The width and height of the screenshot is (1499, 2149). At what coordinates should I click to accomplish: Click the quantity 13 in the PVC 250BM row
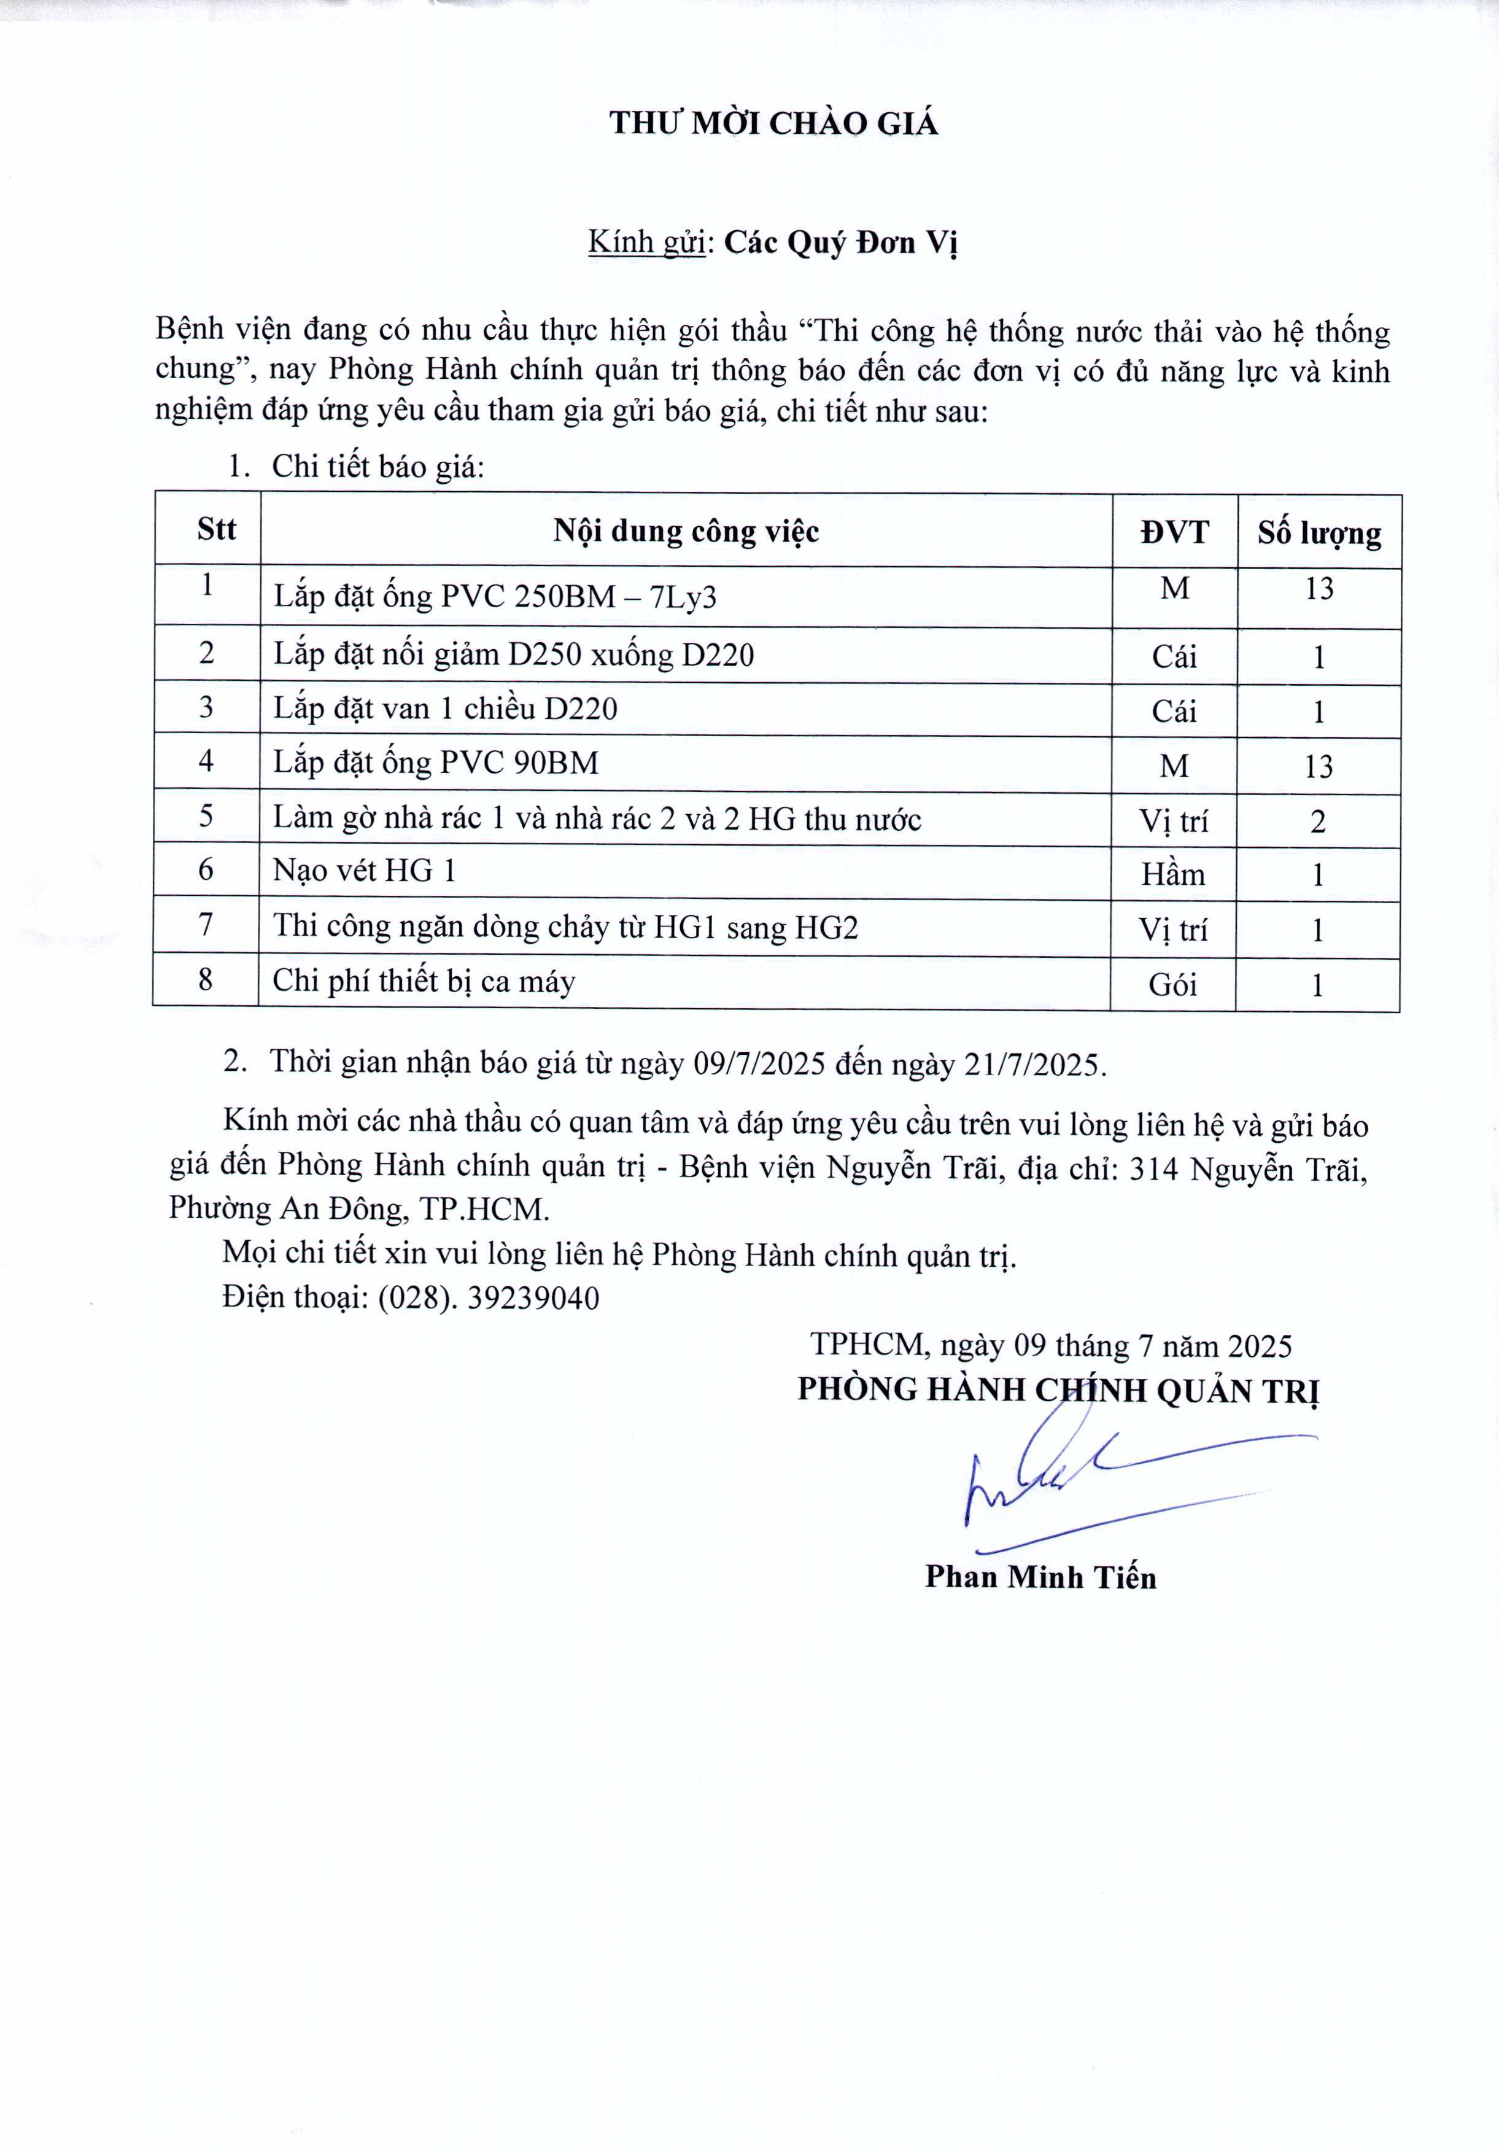pyautogui.click(x=1319, y=589)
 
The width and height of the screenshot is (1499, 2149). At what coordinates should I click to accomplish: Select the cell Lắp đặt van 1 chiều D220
pyautogui.click(x=446, y=709)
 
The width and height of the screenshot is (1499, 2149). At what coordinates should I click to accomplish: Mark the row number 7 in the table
pyautogui.click(x=206, y=925)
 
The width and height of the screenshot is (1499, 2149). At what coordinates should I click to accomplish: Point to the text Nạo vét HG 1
pyautogui.click(x=365, y=871)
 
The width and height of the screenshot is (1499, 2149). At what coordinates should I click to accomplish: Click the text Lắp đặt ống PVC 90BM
pyautogui.click(x=436, y=763)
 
